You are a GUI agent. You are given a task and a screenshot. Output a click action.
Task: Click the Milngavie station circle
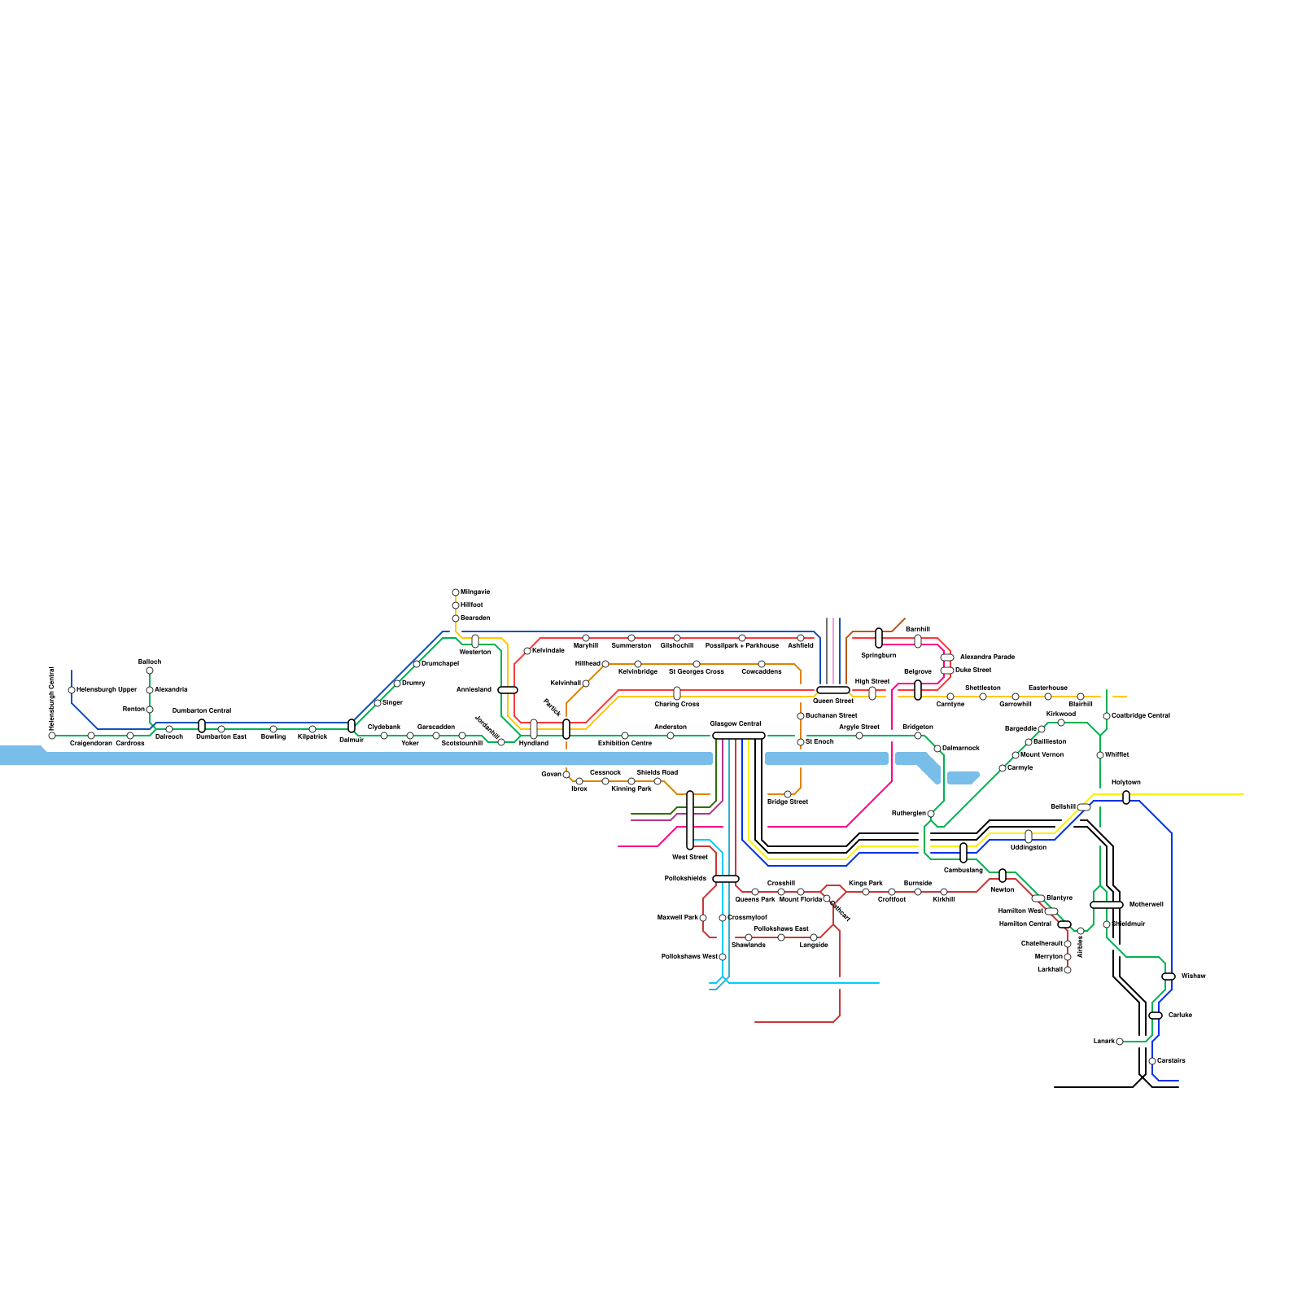click(456, 592)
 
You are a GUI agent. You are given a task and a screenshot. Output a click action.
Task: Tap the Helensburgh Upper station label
click(107, 690)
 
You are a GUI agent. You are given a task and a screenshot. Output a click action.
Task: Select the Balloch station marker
click(150, 671)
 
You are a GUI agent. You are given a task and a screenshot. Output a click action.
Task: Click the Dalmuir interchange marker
click(352, 726)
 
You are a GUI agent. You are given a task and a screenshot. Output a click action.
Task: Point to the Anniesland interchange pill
click(508, 690)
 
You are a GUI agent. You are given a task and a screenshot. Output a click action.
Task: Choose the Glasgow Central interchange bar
click(739, 736)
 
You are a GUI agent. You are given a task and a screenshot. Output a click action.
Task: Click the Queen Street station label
click(833, 701)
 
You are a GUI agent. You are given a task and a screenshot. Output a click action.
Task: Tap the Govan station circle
click(566, 775)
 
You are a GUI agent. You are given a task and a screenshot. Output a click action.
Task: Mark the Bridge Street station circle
click(788, 794)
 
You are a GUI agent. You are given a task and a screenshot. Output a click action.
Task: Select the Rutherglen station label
click(908, 814)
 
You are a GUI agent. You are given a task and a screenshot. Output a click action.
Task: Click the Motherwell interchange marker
click(1107, 905)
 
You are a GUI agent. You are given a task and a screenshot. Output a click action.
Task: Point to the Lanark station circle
click(1120, 1042)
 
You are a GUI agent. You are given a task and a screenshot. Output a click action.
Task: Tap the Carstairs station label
click(1171, 1061)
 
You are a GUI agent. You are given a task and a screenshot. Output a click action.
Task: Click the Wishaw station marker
click(1169, 976)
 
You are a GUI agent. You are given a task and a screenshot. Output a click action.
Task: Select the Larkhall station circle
click(1068, 970)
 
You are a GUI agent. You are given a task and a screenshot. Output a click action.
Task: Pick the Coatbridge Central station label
click(1141, 716)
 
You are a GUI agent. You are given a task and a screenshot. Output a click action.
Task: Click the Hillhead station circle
click(605, 664)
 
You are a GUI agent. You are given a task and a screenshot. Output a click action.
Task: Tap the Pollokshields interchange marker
click(726, 879)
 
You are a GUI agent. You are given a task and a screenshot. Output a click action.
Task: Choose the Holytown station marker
click(1126, 797)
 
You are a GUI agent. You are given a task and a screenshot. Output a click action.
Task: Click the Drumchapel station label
click(440, 664)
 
